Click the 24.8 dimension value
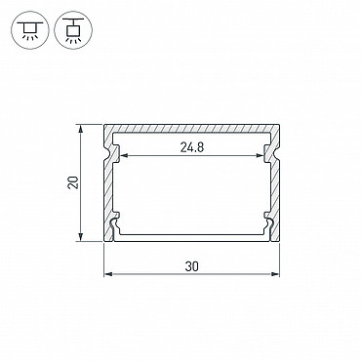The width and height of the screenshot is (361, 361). tap(192, 147)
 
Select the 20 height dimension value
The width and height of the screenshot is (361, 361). tap(73, 182)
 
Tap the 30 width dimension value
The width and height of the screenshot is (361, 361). tap(192, 266)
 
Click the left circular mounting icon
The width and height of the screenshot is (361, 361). tap(29, 30)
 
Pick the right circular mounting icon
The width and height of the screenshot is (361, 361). tap(73, 30)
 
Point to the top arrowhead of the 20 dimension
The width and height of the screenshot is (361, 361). tap(80, 128)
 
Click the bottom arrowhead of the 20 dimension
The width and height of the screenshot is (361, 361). tap(80, 237)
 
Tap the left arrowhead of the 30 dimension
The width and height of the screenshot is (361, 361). tap(108, 274)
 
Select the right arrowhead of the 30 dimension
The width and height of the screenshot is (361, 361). tap(275, 274)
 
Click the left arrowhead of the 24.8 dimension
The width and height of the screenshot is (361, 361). tap(125, 156)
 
